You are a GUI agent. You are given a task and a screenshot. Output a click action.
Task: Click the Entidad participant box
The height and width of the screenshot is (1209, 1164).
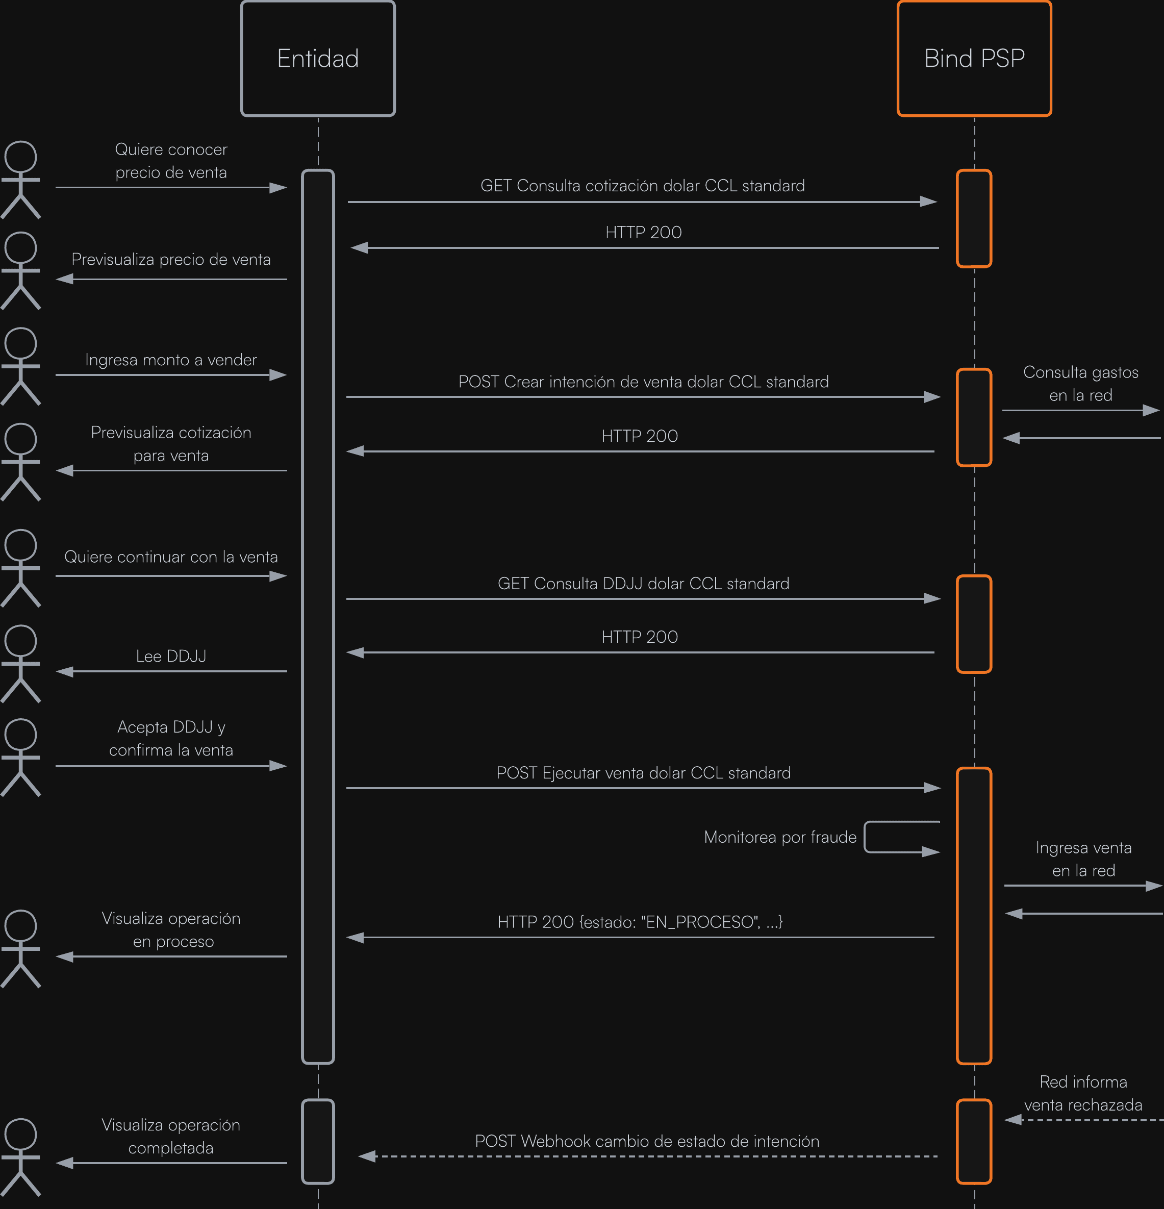[318, 59]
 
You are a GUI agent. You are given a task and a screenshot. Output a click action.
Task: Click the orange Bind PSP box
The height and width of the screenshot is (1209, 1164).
[974, 59]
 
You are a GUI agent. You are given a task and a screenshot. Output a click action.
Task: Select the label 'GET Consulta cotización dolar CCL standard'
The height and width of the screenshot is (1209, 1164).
[642, 186]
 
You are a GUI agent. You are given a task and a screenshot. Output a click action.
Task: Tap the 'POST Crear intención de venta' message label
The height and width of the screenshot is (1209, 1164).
[643, 382]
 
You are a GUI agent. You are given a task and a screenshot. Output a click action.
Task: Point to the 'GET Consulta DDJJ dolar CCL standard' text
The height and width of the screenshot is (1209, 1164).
[643, 584]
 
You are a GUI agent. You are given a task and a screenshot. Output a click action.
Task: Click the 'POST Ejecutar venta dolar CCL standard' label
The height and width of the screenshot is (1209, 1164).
[643, 773]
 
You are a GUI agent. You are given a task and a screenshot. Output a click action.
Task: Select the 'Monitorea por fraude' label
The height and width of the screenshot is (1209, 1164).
[780, 837]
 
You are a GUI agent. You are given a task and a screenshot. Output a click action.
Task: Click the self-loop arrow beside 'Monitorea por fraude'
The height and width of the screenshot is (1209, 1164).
[901, 837]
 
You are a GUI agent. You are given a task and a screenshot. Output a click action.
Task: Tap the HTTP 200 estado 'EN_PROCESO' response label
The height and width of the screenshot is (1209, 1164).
[640, 922]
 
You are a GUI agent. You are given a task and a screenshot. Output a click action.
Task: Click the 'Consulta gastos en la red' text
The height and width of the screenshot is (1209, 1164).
[1080, 384]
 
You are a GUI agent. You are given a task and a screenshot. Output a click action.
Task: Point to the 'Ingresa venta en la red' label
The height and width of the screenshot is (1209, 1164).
[1083, 859]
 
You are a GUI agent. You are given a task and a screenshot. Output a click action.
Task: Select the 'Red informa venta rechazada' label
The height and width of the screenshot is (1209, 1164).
[1083, 1093]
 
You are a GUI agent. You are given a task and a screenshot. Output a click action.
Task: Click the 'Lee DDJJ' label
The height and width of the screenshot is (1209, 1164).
[171, 657]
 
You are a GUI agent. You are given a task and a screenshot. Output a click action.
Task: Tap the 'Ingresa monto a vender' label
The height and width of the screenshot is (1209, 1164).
[171, 360]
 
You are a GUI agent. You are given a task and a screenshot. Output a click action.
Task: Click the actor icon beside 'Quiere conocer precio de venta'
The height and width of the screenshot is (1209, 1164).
[20, 180]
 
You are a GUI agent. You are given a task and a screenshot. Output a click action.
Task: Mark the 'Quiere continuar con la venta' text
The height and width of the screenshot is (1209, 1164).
[171, 557]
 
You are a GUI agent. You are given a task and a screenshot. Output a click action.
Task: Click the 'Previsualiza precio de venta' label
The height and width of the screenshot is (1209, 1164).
[171, 260]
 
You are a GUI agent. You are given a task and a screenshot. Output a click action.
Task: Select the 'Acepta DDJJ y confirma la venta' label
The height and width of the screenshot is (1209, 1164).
[171, 738]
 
